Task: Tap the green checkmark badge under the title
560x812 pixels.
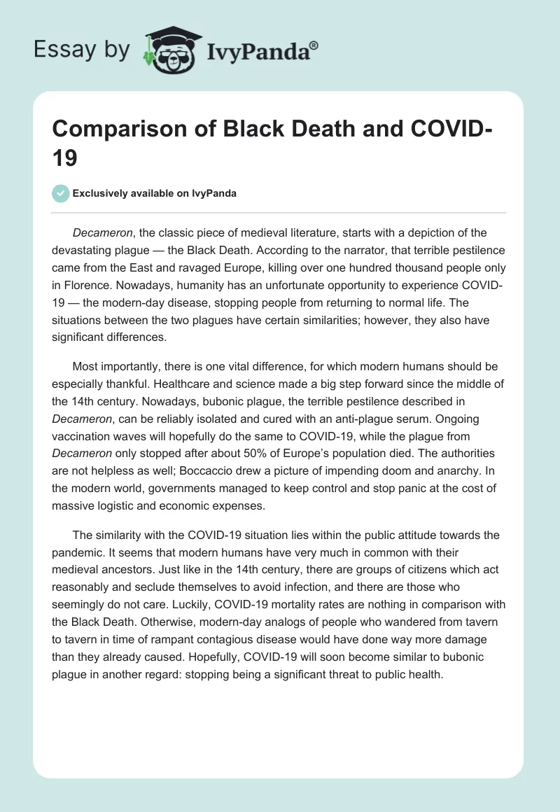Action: [61, 193]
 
